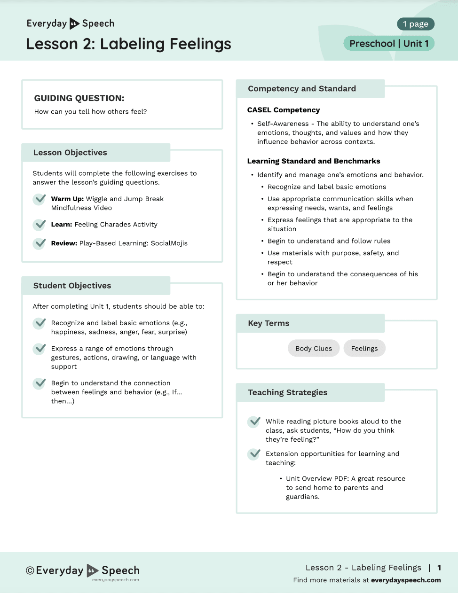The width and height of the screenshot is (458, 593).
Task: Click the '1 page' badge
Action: pos(415,24)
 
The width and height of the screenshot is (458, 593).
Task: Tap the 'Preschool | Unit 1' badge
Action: pos(389,44)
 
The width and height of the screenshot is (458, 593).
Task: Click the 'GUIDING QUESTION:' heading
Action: pos(79,98)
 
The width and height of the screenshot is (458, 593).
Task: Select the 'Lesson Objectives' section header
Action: pos(70,153)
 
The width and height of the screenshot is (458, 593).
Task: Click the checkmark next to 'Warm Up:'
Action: pos(39,199)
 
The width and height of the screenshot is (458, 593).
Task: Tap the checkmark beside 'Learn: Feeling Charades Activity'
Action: pos(39,225)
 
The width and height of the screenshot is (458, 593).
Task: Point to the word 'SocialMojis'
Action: pos(169,243)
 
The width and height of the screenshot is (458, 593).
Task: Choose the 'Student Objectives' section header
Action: pos(72,286)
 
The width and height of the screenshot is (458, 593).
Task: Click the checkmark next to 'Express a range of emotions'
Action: pos(39,349)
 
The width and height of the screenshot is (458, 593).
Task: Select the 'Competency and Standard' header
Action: pos(302,89)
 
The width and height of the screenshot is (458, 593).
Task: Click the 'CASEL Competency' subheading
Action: pos(284,110)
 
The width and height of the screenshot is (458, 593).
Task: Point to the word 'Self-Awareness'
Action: pos(283,124)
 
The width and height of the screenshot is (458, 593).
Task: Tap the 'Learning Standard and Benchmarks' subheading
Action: pos(314,161)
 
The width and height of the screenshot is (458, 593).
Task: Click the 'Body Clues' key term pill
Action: pos(314,348)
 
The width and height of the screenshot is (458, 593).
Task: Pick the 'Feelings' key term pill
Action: pos(364,348)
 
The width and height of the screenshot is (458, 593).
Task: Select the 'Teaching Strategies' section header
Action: pos(288,392)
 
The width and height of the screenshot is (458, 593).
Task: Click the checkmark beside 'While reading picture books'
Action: pos(254,421)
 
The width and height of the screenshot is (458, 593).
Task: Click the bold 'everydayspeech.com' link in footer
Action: pos(406,580)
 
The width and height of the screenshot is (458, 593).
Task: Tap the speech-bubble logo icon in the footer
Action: pos(93,570)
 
